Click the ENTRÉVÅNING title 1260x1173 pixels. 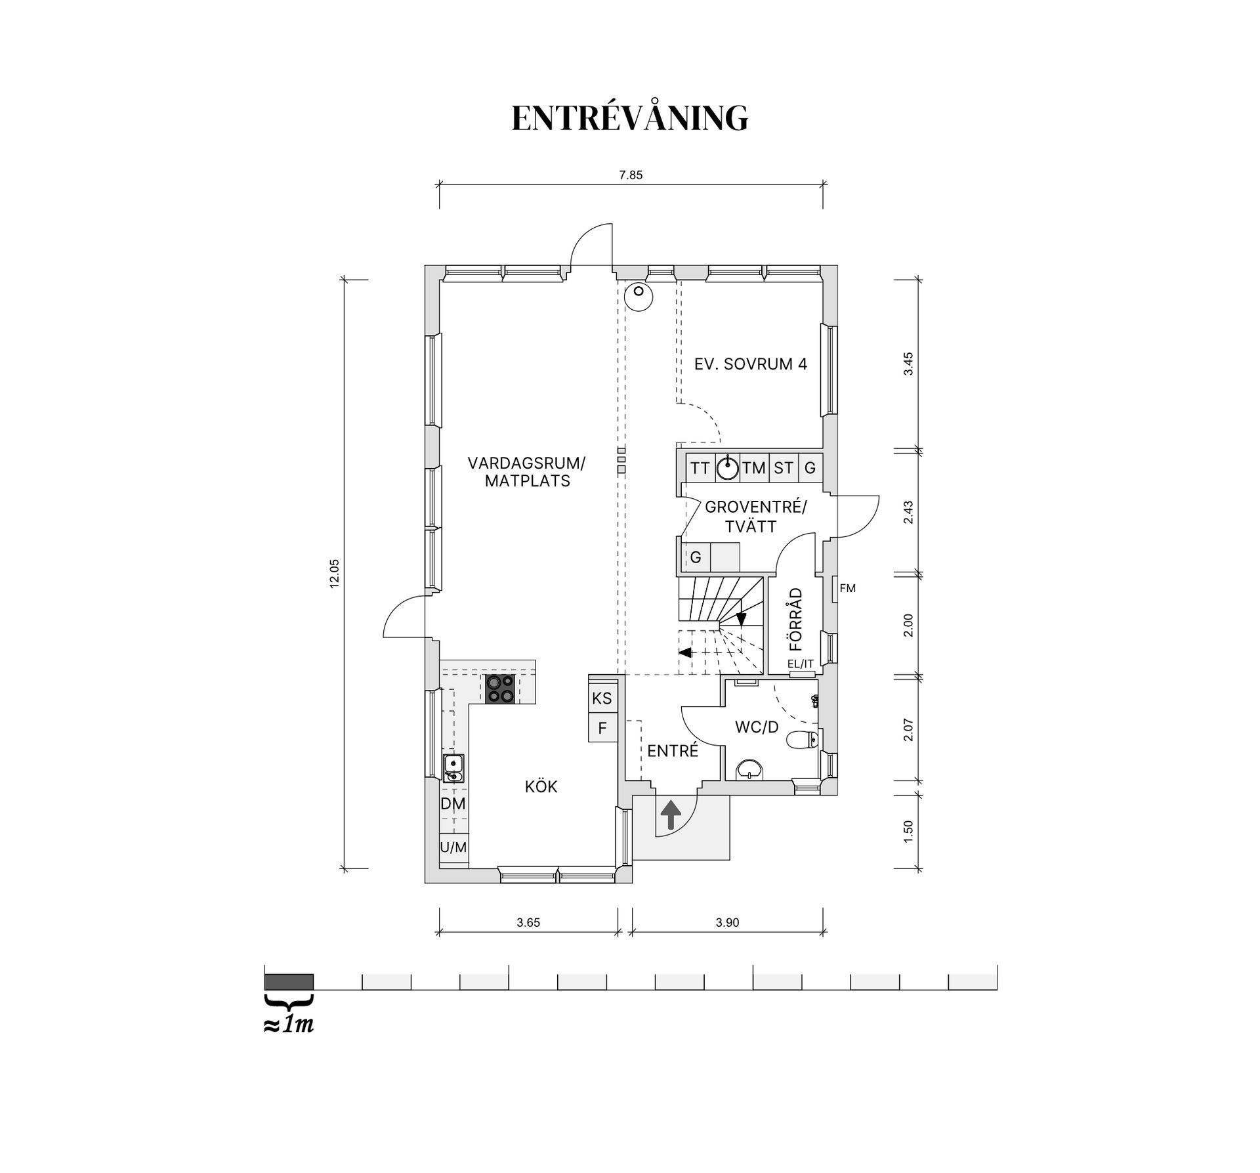tap(629, 118)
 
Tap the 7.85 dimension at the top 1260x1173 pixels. tap(631, 175)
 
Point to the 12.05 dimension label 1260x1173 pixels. tap(334, 574)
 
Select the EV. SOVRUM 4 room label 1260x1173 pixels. tap(751, 364)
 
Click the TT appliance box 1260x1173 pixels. tap(700, 468)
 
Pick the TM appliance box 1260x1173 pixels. tap(755, 468)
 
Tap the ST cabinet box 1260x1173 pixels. tap(784, 468)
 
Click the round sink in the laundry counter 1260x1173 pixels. tap(728, 468)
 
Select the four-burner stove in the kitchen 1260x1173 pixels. tap(500, 689)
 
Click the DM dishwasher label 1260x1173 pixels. tap(453, 804)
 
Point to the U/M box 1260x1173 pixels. tap(453, 847)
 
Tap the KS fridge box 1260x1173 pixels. tap(602, 698)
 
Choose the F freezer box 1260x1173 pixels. tap(602, 729)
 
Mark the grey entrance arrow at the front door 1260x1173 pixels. tap(671, 817)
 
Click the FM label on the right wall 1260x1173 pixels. tap(847, 589)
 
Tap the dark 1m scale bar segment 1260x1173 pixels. tap(289, 982)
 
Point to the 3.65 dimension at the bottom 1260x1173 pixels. tap(528, 922)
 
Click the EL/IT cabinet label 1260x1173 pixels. tap(801, 664)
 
